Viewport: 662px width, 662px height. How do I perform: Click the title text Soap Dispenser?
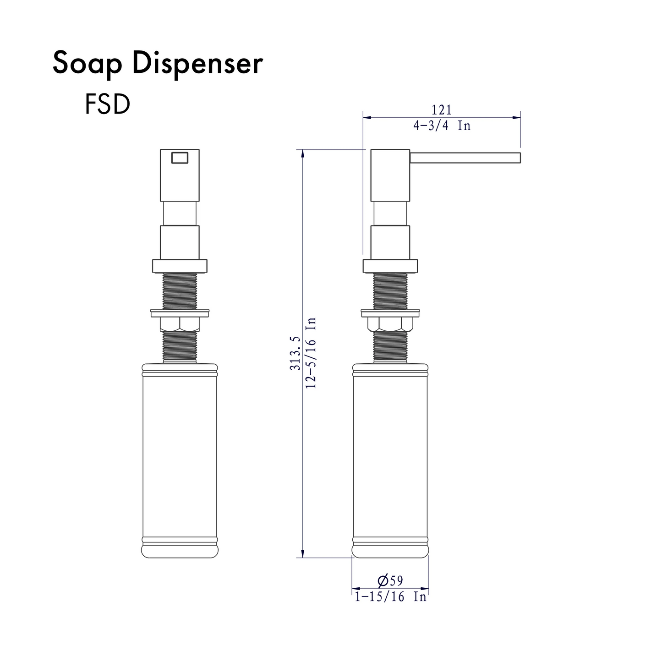(x=158, y=63)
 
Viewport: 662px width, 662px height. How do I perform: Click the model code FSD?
(x=107, y=105)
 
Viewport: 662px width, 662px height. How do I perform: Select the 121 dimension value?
(x=441, y=110)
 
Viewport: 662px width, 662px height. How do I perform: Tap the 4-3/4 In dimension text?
(x=442, y=126)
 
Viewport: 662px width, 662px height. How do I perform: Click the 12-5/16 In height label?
(x=312, y=353)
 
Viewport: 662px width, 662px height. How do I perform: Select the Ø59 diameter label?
(x=390, y=580)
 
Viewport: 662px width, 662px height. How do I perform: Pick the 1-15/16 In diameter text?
(x=390, y=596)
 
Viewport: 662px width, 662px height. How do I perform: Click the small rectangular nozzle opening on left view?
(x=179, y=158)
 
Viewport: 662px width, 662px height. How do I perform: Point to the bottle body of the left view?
(x=180, y=458)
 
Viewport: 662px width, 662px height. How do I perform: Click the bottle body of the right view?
(x=390, y=458)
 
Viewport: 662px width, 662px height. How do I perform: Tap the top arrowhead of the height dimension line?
(x=302, y=153)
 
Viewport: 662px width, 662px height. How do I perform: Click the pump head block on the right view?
(x=390, y=175)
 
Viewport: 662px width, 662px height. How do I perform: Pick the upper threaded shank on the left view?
(x=180, y=291)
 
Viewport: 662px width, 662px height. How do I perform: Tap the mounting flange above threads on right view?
(x=390, y=266)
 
